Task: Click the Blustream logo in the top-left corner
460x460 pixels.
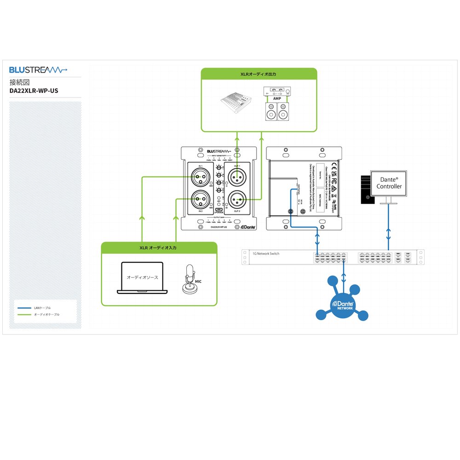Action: (38, 70)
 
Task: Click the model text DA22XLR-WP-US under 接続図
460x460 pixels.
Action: (34, 91)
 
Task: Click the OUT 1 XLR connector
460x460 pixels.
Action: (237, 176)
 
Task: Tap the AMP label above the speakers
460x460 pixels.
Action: (276, 98)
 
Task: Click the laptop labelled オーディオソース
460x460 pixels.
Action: (142, 278)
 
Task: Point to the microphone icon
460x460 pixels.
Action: (188, 279)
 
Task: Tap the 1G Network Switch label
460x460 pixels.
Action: (266, 253)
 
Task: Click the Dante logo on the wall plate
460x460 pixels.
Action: (248, 227)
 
